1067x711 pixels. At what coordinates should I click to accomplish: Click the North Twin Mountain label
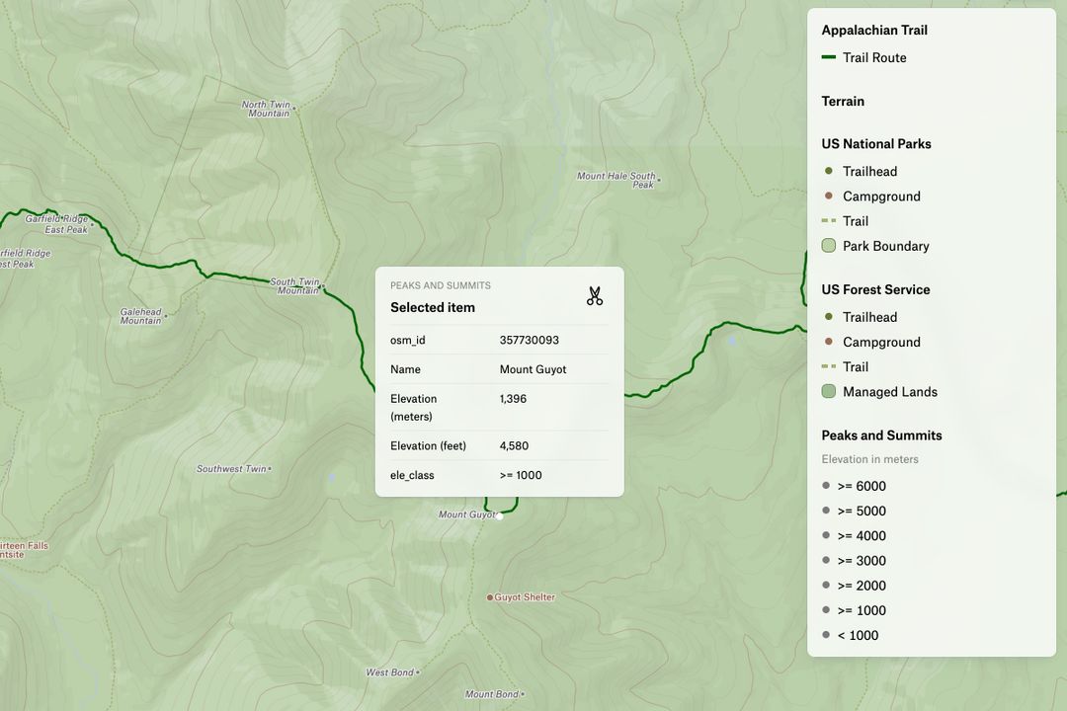coord(267,109)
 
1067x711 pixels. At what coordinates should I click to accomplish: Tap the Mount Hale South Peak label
coord(616,180)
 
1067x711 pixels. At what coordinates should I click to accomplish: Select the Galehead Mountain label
coord(141,316)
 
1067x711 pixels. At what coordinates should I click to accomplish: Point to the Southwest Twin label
coord(231,469)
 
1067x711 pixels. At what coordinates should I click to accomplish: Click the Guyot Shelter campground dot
coord(489,597)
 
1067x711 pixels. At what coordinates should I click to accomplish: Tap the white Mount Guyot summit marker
coord(500,515)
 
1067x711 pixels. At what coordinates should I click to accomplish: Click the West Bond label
coord(389,672)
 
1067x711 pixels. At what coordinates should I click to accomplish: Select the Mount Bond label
coord(491,694)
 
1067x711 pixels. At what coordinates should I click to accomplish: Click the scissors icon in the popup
coord(594,296)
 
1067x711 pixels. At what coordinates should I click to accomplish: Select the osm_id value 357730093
coord(529,340)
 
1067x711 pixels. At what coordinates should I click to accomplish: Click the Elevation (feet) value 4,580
coord(514,445)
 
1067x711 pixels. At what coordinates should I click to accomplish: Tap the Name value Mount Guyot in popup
coord(533,369)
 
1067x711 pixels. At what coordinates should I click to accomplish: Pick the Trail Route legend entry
coord(873,57)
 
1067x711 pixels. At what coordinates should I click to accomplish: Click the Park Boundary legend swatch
coord(829,246)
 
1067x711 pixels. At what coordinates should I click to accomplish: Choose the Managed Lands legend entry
coord(889,392)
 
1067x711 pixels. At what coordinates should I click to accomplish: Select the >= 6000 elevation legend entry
coord(861,486)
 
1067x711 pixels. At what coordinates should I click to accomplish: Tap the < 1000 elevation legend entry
coord(857,635)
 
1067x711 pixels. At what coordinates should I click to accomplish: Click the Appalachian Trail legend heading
coord(874,30)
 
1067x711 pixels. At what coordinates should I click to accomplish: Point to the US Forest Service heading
coord(875,289)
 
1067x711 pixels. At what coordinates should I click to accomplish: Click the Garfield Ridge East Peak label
coord(56,224)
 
